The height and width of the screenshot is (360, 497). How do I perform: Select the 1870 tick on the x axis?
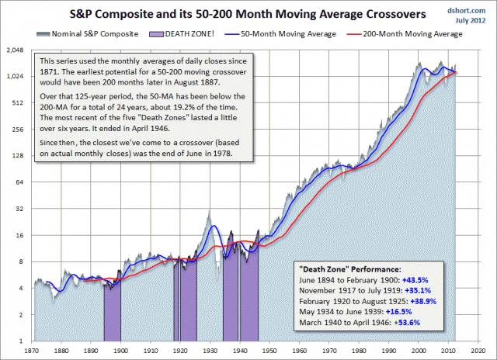pyautogui.click(x=33, y=350)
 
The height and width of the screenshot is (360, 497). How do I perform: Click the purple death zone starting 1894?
pyautogui.click(x=113, y=310)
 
